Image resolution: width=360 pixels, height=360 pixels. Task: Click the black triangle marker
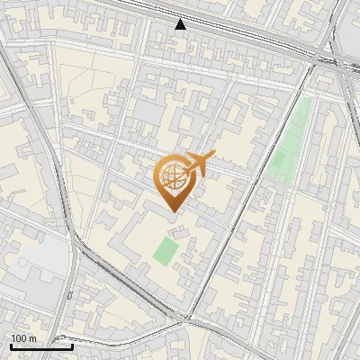point(181,24)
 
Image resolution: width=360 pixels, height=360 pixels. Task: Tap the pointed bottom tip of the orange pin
point(173,212)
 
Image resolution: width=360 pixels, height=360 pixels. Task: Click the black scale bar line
point(40,346)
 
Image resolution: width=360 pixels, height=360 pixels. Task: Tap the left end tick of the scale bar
point(10,345)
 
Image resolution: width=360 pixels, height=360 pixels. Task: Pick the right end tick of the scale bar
point(72,345)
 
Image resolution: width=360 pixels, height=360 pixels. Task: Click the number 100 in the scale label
point(18,338)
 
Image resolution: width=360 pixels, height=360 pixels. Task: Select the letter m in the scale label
point(32,338)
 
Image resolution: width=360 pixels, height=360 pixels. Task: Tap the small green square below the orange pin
point(165,249)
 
